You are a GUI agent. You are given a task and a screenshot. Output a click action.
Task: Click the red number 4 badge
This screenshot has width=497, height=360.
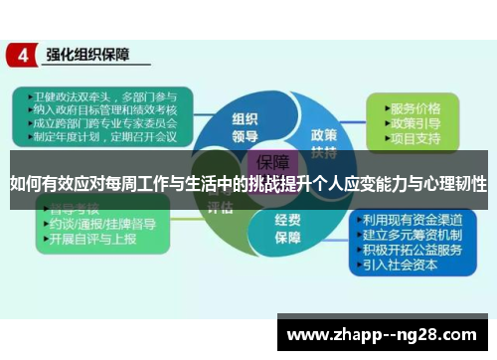[x=22, y=56]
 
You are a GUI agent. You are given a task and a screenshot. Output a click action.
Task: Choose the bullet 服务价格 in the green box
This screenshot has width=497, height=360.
[x=416, y=106]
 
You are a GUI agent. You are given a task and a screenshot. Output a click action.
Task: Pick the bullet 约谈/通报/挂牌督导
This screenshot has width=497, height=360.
[x=98, y=225]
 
